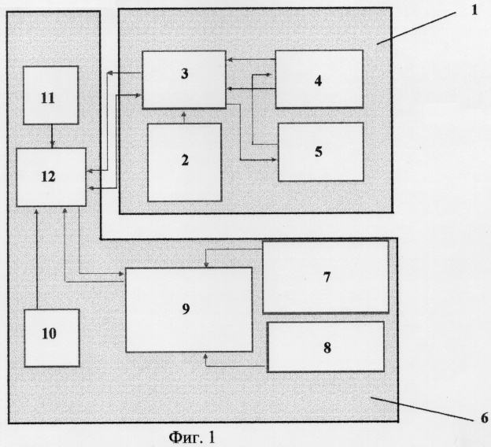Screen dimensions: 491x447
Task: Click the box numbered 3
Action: tap(184, 79)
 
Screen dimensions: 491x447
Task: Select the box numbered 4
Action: tap(319, 79)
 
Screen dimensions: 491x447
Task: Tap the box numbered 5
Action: tap(321, 152)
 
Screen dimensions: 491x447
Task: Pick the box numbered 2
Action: tap(184, 162)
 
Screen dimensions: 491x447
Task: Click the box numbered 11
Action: tap(50, 95)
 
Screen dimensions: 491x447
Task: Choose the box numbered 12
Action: tap(51, 177)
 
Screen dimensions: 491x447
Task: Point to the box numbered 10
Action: tap(52, 338)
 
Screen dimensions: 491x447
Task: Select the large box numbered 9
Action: tap(189, 309)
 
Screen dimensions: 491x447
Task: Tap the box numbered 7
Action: tap(326, 277)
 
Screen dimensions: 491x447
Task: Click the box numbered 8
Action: tap(326, 347)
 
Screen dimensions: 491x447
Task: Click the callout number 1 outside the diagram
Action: tap(474, 10)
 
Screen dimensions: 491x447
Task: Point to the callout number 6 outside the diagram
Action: tap(484, 418)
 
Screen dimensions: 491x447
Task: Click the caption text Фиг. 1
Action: tap(192, 437)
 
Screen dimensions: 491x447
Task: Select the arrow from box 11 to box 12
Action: tap(52, 136)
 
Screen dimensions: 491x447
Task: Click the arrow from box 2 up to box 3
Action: tap(184, 116)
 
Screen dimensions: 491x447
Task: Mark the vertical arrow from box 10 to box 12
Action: tap(37, 258)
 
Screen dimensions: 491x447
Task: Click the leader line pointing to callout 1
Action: tap(416, 28)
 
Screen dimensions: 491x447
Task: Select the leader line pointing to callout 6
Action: tap(423, 408)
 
